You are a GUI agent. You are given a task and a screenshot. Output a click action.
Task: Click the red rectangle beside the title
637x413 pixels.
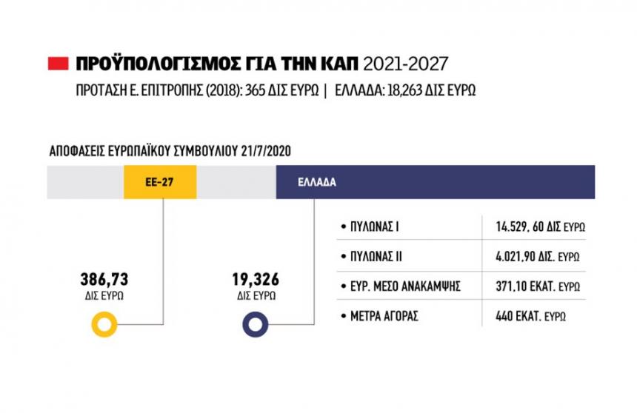tap(58, 64)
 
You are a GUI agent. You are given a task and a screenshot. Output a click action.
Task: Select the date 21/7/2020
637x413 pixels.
tap(266, 150)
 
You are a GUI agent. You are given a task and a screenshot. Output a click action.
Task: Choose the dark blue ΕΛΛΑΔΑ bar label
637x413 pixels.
tap(316, 182)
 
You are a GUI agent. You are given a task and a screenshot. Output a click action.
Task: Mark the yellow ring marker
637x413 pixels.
tap(104, 324)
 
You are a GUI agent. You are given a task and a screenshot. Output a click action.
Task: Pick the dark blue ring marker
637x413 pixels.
tap(256, 324)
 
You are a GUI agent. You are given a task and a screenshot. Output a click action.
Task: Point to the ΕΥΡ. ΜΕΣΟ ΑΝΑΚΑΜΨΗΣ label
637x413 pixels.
tap(406, 286)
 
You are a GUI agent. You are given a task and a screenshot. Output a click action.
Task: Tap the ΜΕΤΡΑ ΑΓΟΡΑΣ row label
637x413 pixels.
tap(384, 316)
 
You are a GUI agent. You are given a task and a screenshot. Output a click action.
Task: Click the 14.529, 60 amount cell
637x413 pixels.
tap(540, 227)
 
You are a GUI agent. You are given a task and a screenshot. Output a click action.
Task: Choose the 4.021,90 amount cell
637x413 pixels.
tap(538, 257)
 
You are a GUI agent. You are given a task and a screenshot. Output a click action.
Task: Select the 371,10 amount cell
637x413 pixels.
tap(538, 286)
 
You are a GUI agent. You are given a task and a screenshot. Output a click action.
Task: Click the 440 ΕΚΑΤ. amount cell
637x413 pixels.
tap(531, 316)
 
